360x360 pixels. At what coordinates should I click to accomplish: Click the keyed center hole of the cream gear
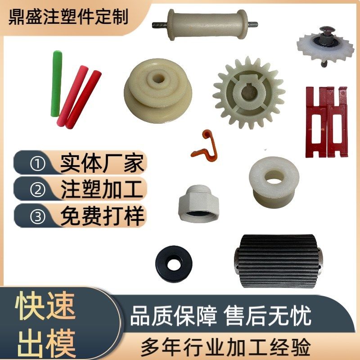[248, 94]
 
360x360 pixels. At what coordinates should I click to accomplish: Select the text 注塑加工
[102, 189]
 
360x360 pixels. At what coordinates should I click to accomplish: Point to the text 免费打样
[102, 216]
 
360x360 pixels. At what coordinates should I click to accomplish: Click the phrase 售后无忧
[267, 316]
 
